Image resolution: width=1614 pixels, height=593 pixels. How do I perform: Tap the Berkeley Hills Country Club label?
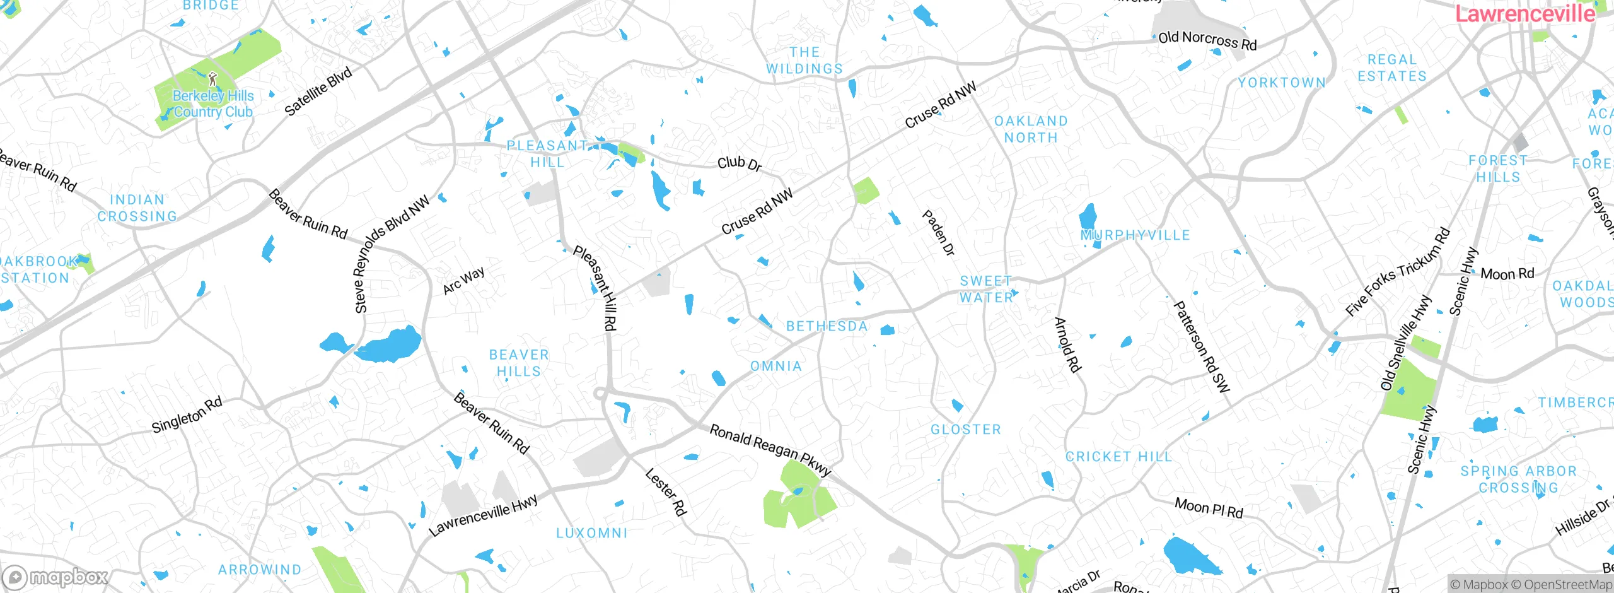point(213,104)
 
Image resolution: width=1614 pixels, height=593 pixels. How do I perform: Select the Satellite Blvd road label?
point(318,92)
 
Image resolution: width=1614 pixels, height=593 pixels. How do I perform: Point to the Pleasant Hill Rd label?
point(596,288)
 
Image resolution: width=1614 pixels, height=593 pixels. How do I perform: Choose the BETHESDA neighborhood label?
point(827,326)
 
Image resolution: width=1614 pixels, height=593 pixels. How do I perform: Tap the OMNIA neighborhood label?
point(775,366)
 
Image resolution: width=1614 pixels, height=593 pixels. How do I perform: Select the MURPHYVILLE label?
point(1135,235)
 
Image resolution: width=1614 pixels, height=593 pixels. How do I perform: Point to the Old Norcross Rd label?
point(1207,40)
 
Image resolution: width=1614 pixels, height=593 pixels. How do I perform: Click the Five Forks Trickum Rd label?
point(1397,272)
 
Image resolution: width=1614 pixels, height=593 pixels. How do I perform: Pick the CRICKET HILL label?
point(1118,456)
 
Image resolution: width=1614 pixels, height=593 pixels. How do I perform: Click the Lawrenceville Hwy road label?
point(484,515)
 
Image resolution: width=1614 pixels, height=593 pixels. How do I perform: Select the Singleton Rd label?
point(187,414)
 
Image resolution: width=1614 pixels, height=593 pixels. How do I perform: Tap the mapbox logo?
point(55,577)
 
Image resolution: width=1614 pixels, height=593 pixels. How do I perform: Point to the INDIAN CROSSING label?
point(137,208)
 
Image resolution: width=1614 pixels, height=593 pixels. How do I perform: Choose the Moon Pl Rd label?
point(1209,508)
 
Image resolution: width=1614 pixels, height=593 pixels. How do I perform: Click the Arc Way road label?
point(463,280)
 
